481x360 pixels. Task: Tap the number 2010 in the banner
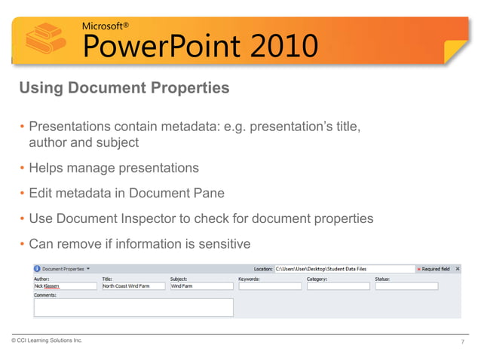click(273, 47)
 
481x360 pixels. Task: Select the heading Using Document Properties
click(124, 88)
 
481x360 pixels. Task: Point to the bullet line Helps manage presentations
click(113, 167)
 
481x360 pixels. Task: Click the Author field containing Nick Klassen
click(65, 286)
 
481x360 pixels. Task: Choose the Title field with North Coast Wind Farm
click(133, 286)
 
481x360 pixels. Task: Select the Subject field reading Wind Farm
click(201, 286)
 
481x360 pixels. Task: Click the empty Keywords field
click(269, 286)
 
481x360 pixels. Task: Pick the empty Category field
click(338, 286)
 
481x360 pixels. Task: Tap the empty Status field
click(406, 286)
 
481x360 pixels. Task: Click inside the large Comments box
click(133, 307)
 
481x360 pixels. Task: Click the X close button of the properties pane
click(458, 268)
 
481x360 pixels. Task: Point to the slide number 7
click(462, 342)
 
